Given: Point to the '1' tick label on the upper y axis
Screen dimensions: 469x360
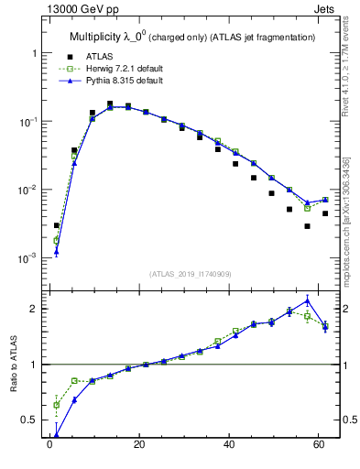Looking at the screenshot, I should (x=34, y=53).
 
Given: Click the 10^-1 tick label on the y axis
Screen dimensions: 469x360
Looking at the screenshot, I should (x=27, y=121).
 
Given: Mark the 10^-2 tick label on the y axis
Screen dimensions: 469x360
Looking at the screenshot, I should (x=27, y=190).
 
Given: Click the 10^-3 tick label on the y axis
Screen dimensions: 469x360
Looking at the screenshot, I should (x=27, y=258).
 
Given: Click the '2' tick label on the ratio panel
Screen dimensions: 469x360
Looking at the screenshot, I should (x=34, y=309).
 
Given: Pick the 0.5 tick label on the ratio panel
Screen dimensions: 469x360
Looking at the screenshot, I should (x=29, y=420).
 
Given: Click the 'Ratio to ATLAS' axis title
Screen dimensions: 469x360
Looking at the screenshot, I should (x=13, y=365).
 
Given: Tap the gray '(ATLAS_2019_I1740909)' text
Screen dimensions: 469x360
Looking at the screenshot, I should (x=190, y=274).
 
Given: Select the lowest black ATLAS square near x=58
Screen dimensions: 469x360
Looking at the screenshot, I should (x=308, y=226).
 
